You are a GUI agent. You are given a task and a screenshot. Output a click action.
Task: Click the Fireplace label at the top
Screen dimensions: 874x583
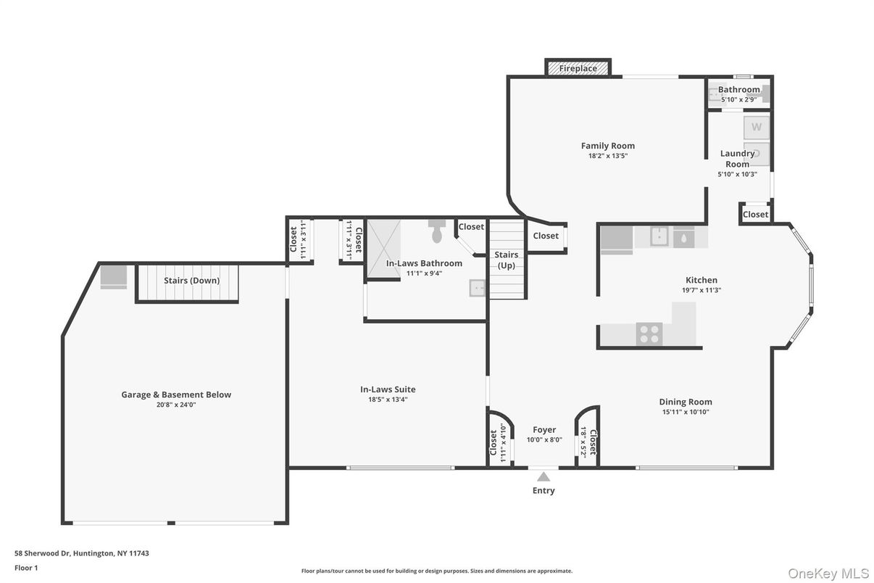coord(578,68)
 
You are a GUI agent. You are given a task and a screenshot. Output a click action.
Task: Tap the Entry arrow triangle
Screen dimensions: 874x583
coord(544,477)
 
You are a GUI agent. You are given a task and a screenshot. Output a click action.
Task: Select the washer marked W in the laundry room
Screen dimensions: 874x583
coord(756,128)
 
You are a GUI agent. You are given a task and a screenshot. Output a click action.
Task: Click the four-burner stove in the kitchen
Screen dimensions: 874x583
coord(649,334)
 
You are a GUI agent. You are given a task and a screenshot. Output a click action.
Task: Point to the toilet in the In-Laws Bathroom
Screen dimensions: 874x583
coord(436,231)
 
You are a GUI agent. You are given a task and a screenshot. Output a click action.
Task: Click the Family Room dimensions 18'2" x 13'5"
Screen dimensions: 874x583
coord(608,156)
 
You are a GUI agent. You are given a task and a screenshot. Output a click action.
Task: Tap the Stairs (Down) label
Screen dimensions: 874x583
coord(191,281)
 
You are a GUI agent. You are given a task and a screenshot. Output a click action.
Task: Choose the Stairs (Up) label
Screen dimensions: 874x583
coord(507,260)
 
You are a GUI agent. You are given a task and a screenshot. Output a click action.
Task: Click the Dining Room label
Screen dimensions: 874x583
coord(686,402)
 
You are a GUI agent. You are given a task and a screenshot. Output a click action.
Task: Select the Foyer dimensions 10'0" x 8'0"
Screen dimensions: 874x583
coord(544,439)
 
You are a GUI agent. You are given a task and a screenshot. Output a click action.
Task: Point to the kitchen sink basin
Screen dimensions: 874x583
coord(659,236)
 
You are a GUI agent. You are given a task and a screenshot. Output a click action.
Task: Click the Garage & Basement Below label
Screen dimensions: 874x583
coord(176,394)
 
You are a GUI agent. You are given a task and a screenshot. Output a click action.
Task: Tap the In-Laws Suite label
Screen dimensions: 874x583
coord(388,389)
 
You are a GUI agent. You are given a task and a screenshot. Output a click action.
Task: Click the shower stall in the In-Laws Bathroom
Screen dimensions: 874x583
coord(384,249)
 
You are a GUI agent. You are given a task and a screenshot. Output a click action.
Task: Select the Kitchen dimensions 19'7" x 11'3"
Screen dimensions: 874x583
coord(702,290)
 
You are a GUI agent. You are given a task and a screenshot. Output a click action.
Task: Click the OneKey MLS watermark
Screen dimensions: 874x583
coord(828,574)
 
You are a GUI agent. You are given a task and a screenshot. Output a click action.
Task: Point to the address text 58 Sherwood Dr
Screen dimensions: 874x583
coord(42,553)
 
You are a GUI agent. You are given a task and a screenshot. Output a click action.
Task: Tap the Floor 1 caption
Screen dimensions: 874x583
coord(26,568)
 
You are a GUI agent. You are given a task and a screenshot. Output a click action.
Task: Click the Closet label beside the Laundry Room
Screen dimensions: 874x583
coord(755,215)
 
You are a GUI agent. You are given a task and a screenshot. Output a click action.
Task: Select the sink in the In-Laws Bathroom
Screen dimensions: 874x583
coord(477,288)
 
